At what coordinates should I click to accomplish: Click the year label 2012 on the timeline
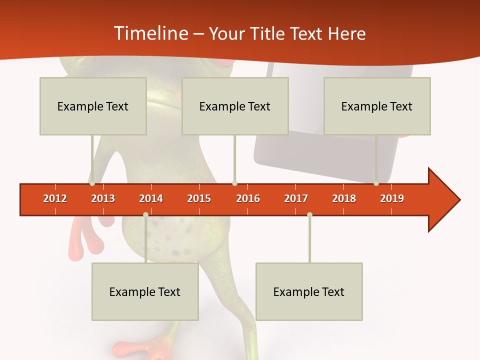[x=55, y=198]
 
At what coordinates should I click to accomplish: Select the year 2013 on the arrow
[x=103, y=198]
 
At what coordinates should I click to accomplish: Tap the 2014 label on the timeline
[x=151, y=198]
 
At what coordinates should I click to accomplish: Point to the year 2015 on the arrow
[x=199, y=198]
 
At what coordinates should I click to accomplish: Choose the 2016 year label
[x=248, y=198]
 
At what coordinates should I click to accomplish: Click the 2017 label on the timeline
[x=296, y=198]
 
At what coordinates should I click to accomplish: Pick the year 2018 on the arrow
[x=344, y=198]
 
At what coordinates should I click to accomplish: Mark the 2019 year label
[x=392, y=198]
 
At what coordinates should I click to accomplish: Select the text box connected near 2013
[x=93, y=106]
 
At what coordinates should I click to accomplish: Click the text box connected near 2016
[x=235, y=106]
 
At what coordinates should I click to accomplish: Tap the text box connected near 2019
[x=377, y=106]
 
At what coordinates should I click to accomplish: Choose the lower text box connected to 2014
[x=145, y=291]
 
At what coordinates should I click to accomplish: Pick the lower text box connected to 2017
[x=309, y=291]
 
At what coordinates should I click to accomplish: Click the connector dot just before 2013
[x=92, y=183]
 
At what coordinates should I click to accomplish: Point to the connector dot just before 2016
[x=234, y=183]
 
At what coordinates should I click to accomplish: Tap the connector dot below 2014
[x=145, y=214]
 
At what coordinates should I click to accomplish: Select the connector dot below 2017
[x=309, y=214]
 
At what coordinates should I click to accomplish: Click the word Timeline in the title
[x=150, y=33]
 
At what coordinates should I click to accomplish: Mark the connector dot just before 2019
[x=376, y=183]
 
